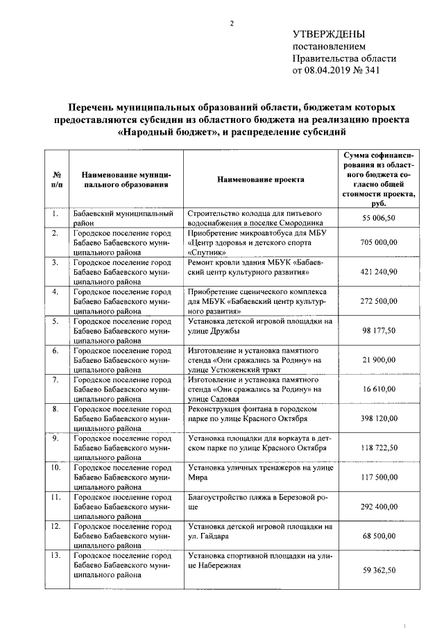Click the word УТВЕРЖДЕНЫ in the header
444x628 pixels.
[x=328, y=34]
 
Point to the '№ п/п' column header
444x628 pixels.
[x=56, y=179]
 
